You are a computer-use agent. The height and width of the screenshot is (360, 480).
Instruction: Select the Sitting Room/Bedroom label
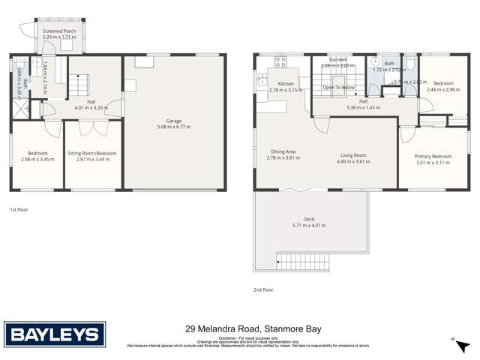coord(92,153)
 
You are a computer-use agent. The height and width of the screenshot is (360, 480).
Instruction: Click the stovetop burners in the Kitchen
coord(281,62)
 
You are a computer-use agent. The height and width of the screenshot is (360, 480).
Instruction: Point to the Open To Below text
coord(338,87)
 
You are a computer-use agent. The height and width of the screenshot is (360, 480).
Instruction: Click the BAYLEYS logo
coord(55,335)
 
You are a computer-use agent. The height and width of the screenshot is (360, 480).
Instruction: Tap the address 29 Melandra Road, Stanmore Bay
coord(239,328)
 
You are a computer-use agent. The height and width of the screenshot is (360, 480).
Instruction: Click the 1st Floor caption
coord(19,209)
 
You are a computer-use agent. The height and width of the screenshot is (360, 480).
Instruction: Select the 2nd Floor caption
coord(263,289)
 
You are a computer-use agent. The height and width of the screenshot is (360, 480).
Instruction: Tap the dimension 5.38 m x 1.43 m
coord(363,107)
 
